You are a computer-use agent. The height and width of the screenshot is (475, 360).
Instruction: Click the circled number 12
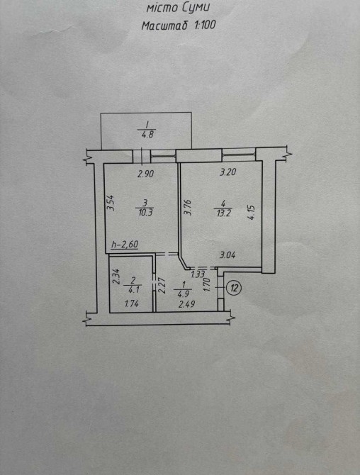point(234,288)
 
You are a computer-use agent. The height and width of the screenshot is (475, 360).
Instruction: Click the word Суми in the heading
point(196,8)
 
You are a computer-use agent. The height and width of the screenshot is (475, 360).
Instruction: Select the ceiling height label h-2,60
point(125,244)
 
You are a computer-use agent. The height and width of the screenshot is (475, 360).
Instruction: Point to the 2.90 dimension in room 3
point(146,174)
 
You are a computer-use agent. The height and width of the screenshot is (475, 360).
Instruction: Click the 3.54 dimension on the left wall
point(111,203)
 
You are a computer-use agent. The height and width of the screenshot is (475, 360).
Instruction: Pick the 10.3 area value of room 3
point(145,213)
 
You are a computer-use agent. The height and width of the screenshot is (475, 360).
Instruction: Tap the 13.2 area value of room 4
point(224,213)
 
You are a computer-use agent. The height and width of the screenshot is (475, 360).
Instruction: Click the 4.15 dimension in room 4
point(252,213)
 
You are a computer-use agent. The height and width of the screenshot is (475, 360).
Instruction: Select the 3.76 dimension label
point(188,207)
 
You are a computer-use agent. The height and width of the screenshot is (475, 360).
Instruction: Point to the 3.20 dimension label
point(228,172)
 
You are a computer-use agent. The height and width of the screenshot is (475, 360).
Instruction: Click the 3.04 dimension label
point(227,255)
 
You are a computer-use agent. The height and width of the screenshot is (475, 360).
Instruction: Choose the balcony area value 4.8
point(147,134)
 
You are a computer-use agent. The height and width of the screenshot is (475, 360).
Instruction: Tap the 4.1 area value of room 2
point(133,290)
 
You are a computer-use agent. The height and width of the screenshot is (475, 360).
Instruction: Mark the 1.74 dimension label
point(132,303)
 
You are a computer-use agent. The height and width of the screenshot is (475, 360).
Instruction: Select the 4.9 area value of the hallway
point(180,294)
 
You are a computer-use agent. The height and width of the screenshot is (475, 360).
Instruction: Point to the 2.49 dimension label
point(186,304)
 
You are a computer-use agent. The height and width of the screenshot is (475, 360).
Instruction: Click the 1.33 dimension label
point(198,275)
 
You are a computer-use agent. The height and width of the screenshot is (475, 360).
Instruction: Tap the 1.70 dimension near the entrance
point(207,285)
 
